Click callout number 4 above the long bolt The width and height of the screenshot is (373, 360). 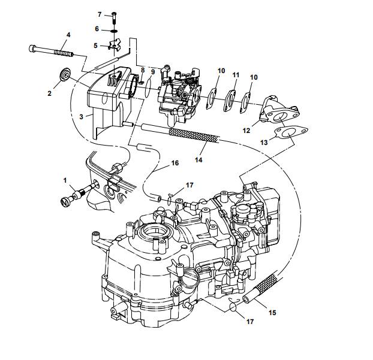68,35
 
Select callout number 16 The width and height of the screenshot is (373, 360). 175,162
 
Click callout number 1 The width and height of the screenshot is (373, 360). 65,179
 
